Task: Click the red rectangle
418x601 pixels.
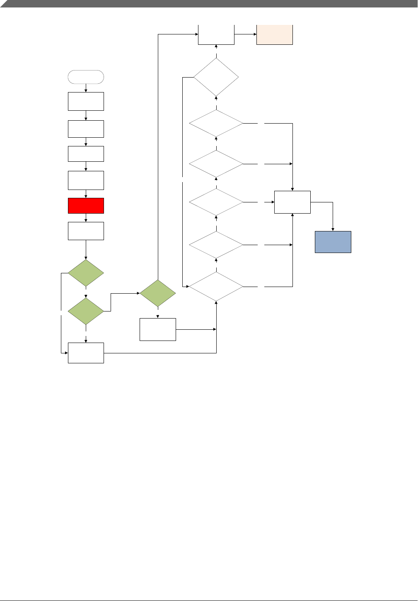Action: tap(86, 206)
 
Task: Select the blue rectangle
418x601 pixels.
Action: tap(333, 242)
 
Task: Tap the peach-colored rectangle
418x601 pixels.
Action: tap(275, 35)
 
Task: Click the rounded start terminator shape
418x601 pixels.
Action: tap(86, 77)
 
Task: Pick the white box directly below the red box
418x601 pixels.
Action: tap(86, 231)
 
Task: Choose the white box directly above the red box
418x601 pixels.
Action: tap(86, 180)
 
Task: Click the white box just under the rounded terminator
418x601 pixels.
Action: tap(86, 101)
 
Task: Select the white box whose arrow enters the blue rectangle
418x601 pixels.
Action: tap(292, 202)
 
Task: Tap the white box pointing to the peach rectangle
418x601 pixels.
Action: tap(216, 34)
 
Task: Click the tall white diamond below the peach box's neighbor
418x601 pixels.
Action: tap(216, 77)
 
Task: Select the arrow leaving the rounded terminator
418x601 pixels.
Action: tap(86, 88)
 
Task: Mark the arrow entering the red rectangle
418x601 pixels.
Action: tap(86, 195)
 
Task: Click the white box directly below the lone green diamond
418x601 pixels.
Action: tap(158, 329)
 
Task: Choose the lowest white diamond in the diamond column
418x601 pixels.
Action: tap(216, 287)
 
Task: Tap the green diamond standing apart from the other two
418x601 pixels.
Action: tap(158, 293)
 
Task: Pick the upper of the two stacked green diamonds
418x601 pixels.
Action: tap(86, 273)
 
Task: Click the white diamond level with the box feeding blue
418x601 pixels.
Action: tap(216, 202)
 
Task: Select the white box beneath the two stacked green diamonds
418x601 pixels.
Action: tap(86, 353)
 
